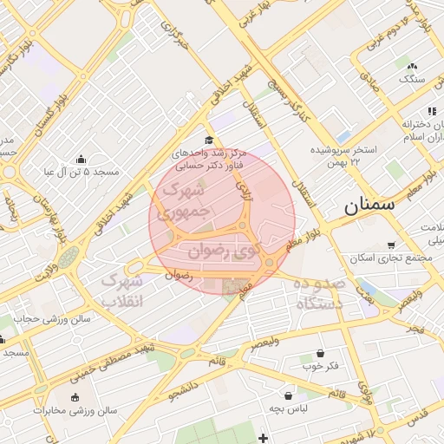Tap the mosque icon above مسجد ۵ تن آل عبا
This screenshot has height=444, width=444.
pyautogui.click(x=82, y=159)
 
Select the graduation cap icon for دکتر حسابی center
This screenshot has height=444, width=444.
pyautogui.click(x=208, y=140)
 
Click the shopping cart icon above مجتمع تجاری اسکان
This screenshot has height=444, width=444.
pyautogui.click(x=392, y=245)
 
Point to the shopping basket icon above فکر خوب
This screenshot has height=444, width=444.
pyautogui.click(x=321, y=353)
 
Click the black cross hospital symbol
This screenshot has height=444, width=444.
pyautogui.click(x=263, y=437)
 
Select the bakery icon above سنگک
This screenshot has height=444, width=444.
pyautogui.click(x=412, y=66)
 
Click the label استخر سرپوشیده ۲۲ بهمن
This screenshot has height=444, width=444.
pyautogui.click(x=345, y=155)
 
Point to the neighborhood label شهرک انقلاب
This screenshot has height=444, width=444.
pyautogui.click(x=122, y=291)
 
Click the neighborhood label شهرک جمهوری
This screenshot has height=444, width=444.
pyautogui.click(x=185, y=198)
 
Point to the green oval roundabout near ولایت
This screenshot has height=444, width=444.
pyautogui.click(x=69, y=257)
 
